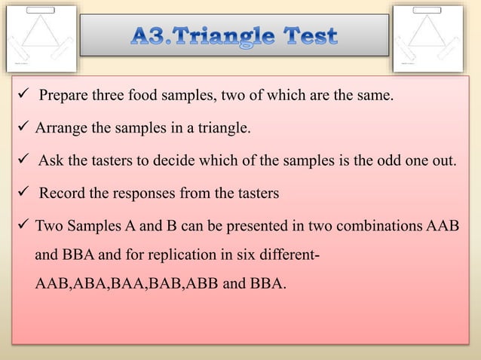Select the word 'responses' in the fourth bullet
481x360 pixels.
coord(142,194)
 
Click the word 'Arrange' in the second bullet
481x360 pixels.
coord(61,129)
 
